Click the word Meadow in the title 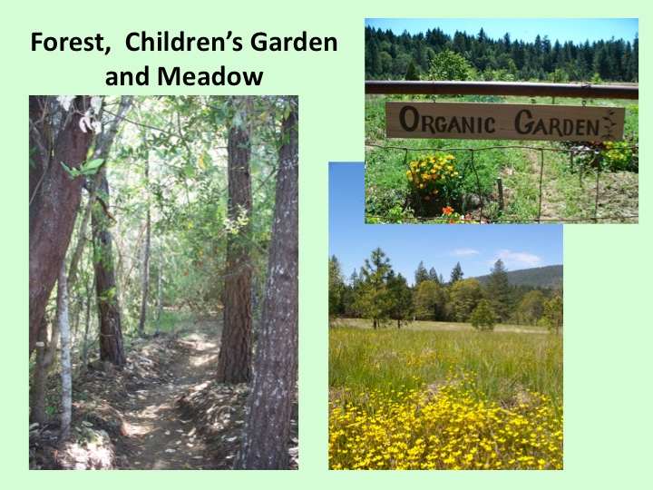click(x=210, y=76)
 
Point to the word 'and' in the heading click(x=128, y=76)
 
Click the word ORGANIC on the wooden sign click(x=447, y=121)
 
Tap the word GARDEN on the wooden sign click(x=557, y=122)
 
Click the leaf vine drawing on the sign click(x=609, y=123)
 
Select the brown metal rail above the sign click(x=502, y=89)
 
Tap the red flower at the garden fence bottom click(x=448, y=211)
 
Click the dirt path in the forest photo click(x=167, y=408)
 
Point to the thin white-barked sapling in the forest click(x=65, y=354)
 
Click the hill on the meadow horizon click(x=521, y=276)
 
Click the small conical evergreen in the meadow click(x=483, y=315)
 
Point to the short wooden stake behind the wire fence click(x=501, y=194)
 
